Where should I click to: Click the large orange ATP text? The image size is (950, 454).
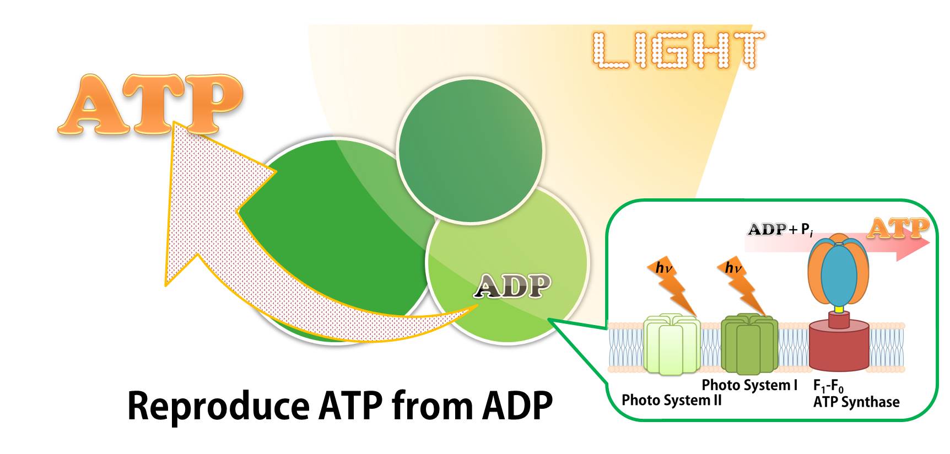point(150,105)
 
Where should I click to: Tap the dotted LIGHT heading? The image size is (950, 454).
point(678,50)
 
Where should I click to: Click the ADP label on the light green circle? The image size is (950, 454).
point(512,286)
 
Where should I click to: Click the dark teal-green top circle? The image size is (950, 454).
point(470,150)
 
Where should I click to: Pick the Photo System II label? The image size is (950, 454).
point(671,400)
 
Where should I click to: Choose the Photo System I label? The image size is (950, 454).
point(749,385)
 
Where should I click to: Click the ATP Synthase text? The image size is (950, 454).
point(856,402)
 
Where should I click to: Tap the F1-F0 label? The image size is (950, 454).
point(828,386)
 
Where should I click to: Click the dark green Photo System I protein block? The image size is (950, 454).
point(749,344)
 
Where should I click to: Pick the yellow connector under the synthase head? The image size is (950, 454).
point(839,309)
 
